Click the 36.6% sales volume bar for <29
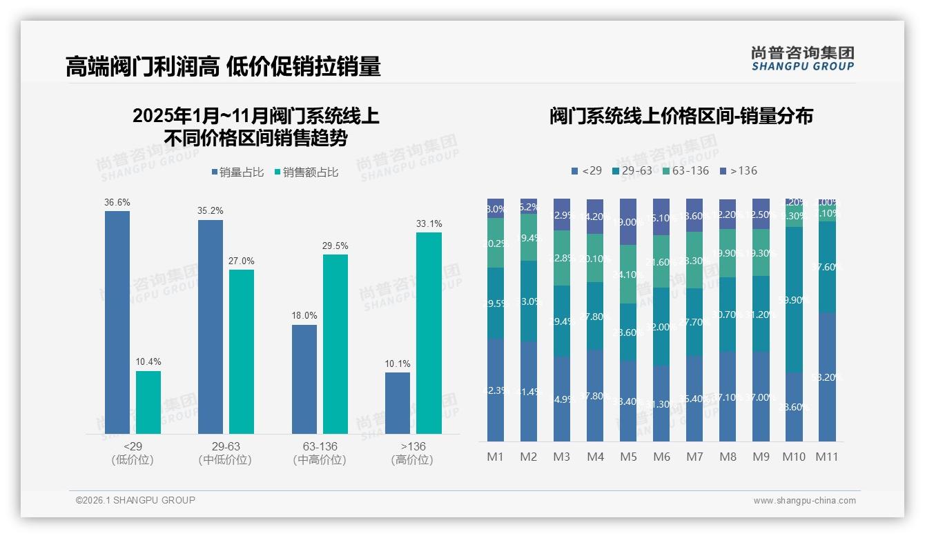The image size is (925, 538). [x=117, y=322]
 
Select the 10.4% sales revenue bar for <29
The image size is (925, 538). [x=148, y=402]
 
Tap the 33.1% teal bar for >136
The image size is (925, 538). [x=429, y=333]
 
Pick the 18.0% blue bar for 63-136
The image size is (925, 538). [x=304, y=379]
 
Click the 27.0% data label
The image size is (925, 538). [x=242, y=261]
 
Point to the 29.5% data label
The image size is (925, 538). [x=335, y=246]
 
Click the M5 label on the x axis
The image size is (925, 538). [x=628, y=457]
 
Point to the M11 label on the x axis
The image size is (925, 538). [x=827, y=457]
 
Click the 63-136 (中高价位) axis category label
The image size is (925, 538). [x=320, y=453]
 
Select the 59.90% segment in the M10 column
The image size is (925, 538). [x=794, y=300]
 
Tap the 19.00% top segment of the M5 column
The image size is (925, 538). [x=628, y=222]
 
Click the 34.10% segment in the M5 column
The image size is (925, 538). [x=628, y=275]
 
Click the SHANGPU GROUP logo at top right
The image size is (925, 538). [x=802, y=59]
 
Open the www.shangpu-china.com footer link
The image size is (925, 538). [x=804, y=501]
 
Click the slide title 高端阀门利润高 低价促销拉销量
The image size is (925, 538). [x=223, y=67]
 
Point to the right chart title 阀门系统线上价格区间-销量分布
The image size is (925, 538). [x=681, y=116]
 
